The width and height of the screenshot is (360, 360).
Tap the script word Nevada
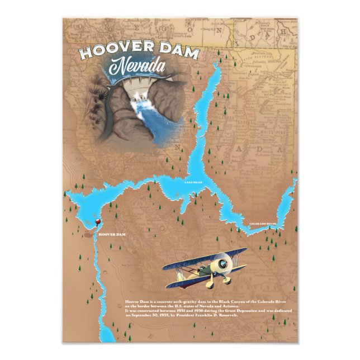click(136, 68)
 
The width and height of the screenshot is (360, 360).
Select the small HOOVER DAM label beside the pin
click(111, 234)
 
